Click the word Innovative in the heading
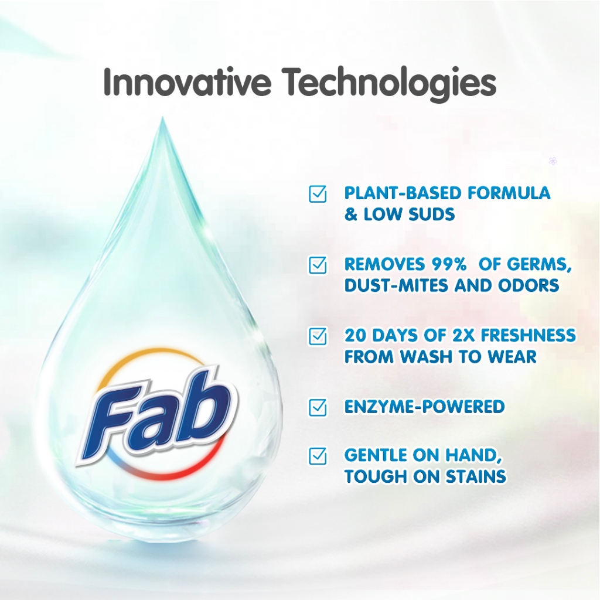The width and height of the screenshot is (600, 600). (187, 82)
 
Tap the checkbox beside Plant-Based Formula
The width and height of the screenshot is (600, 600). (318, 194)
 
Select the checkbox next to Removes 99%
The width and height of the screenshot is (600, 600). (318, 265)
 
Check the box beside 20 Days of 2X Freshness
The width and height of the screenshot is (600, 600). (318, 336)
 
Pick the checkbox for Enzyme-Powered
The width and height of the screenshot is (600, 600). (318, 407)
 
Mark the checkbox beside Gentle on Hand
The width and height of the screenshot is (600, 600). (318, 456)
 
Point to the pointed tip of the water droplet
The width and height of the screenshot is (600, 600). (162, 117)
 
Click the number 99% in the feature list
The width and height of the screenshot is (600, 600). (449, 264)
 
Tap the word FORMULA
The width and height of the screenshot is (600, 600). (509, 193)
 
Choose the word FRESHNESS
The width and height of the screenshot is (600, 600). (528, 335)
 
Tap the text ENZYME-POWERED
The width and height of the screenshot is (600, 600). (424, 407)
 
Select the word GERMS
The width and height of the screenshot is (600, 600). (539, 264)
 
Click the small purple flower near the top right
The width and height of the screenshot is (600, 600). (553, 161)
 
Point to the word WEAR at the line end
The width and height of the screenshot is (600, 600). (512, 357)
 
